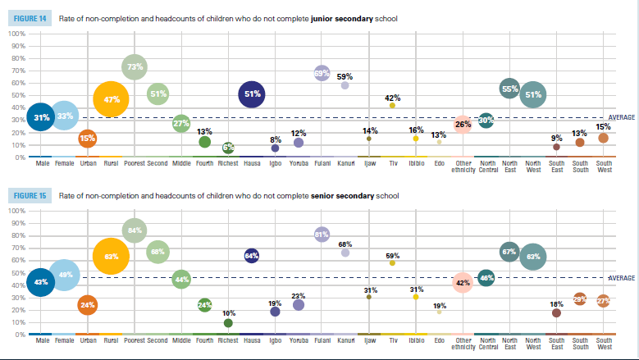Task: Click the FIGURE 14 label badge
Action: [30, 18]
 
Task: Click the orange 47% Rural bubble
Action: [112, 100]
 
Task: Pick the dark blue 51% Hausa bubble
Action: [253, 94]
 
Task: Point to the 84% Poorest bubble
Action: [135, 230]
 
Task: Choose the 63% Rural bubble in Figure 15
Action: [112, 256]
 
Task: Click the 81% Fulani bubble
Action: [322, 235]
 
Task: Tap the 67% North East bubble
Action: [509, 251]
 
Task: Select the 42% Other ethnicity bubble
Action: [463, 283]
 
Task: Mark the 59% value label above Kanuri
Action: [345, 76]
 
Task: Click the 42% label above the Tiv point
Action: [392, 98]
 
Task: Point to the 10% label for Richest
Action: [228, 313]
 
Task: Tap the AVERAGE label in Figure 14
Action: [621, 118]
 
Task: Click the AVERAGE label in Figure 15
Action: [621, 278]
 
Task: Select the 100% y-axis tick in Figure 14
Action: [16, 34]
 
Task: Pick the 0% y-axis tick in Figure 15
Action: [20, 335]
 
